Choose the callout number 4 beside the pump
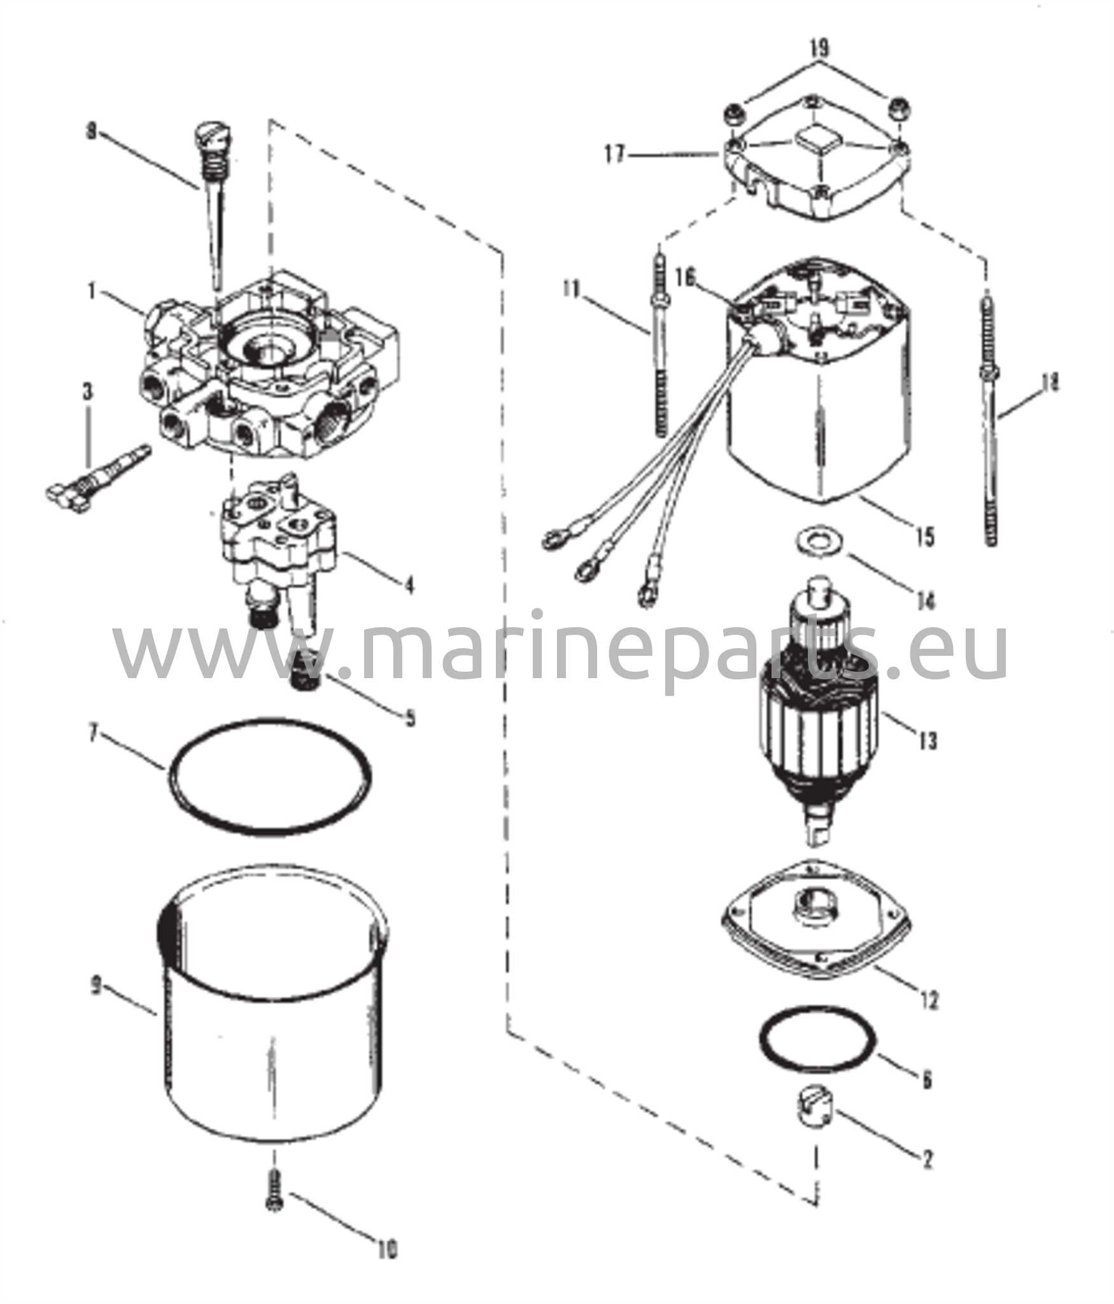point(408,583)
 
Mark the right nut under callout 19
point(899,108)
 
